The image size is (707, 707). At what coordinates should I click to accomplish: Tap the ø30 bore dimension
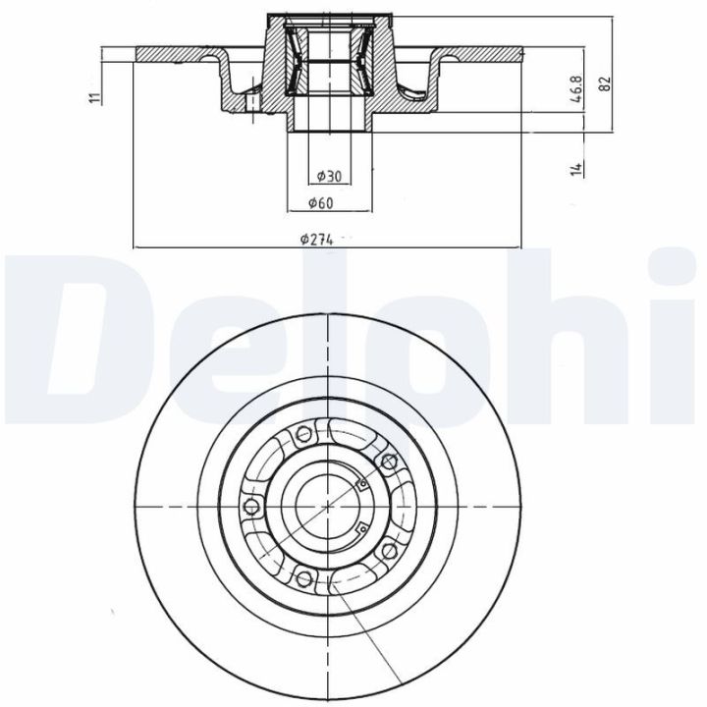coord(329,176)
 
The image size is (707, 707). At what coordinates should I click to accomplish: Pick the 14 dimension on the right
coord(579,168)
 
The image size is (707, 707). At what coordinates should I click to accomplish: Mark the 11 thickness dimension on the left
coord(93,96)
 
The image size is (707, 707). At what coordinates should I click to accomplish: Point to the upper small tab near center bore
coord(361,480)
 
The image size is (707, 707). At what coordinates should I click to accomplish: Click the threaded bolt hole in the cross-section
coord(251,103)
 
